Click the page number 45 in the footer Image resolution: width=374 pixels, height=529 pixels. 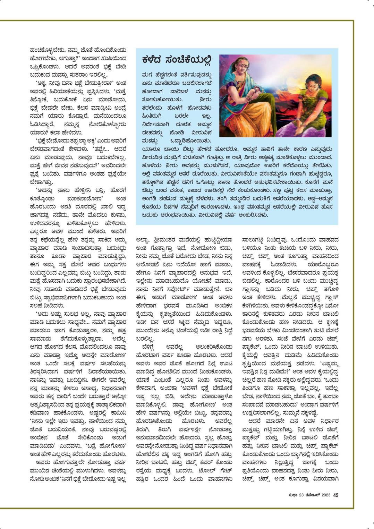[x=335, y=495]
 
